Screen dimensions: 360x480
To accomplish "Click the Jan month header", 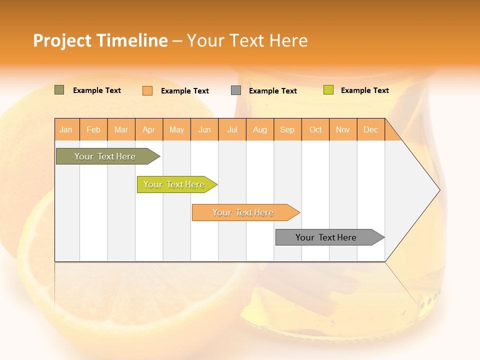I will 66,129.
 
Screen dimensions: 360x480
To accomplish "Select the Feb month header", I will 93,129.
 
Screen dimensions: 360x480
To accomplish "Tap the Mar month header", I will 121,129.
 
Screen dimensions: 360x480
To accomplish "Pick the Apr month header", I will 149,129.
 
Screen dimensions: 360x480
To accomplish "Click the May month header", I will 176,129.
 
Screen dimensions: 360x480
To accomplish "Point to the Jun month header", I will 204,129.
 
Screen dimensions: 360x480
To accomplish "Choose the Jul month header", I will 232,129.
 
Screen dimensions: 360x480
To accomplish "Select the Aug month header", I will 260,129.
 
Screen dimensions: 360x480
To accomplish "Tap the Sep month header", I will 287,129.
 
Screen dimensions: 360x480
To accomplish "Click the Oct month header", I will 315,129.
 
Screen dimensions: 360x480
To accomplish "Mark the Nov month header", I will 343,129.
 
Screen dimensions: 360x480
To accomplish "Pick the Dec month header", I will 370,129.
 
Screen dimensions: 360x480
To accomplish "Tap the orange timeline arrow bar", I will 243,212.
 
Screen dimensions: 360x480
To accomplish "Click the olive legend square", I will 59,90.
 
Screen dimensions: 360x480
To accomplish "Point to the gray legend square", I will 236,90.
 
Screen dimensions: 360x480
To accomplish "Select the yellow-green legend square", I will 328,90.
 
